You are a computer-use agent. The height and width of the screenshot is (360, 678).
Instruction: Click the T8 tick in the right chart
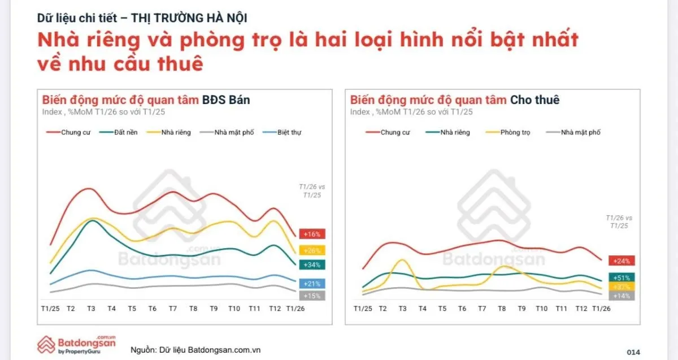501,309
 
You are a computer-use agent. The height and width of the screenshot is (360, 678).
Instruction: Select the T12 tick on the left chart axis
275,309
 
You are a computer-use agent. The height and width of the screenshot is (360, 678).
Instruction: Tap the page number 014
633,352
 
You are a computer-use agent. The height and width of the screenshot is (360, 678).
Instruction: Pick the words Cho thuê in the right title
534,100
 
